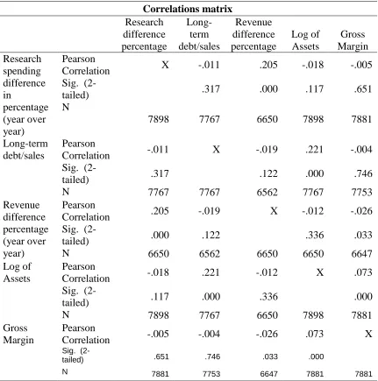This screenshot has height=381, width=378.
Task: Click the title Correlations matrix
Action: (x=188, y=9)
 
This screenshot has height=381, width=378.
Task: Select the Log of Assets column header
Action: (x=305, y=40)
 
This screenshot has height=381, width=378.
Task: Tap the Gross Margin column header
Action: (x=353, y=40)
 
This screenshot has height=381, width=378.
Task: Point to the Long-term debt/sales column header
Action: (x=199, y=34)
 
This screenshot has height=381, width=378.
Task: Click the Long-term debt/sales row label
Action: (x=25, y=150)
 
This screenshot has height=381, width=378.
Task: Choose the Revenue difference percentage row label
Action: (x=25, y=229)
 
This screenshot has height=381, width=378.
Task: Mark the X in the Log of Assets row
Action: (x=320, y=272)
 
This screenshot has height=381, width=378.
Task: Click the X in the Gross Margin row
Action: (x=368, y=334)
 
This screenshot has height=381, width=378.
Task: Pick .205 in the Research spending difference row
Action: (x=268, y=65)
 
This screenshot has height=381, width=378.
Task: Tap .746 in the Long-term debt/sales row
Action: (x=362, y=173)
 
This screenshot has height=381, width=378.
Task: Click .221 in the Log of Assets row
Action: (x=210, y=272)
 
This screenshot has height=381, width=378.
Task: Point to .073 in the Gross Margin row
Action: (x=314, y=334)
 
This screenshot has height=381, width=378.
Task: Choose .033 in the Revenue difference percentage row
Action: (x=362, y=235)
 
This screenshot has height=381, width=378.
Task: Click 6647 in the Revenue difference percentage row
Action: (x=361, y=253)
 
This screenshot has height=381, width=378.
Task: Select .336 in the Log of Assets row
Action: (x=268, y=297)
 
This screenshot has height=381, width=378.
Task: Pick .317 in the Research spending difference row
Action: (x=210, y=88)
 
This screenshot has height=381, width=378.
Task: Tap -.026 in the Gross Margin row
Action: (x=267, y=334)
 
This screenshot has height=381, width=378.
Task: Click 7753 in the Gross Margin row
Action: (x=211, y=374)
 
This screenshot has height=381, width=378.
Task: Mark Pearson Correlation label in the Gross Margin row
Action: (x=86, y=334)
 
